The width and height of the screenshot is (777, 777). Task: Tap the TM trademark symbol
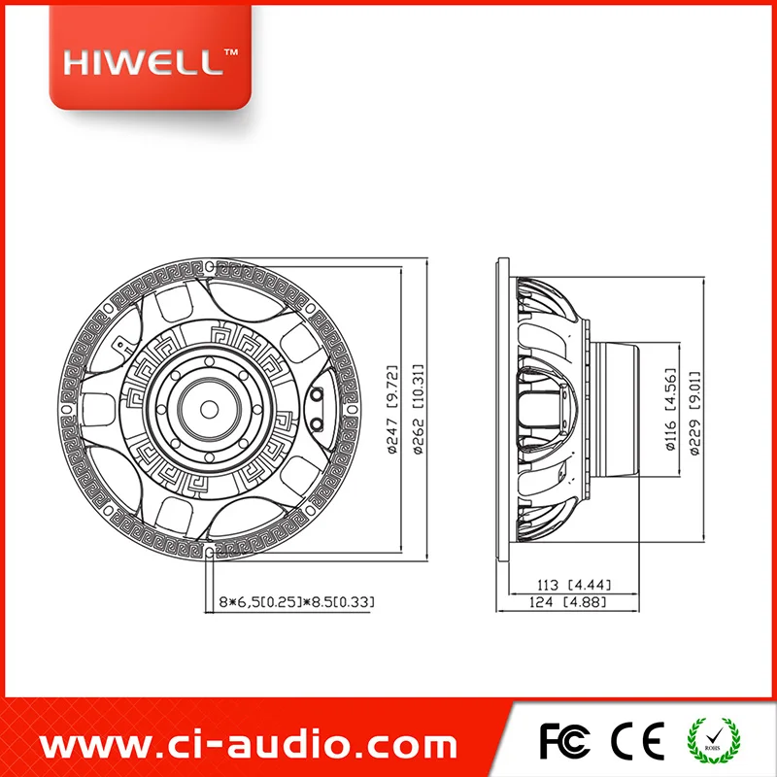(x=231, y=51)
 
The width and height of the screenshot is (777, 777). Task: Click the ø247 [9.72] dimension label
(x=392, y=409)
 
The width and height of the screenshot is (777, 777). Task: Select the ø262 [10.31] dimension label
(x=419, y=409)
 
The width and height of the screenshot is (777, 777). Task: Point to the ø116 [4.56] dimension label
(x=670, y=409)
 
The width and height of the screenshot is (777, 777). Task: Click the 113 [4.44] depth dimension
(x=574, y=585)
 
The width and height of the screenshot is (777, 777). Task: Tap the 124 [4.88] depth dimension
(x=568, y=602)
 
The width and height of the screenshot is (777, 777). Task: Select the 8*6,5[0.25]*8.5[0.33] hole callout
(x=297, y=602)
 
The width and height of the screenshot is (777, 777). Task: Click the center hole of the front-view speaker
(x=209, y=409)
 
